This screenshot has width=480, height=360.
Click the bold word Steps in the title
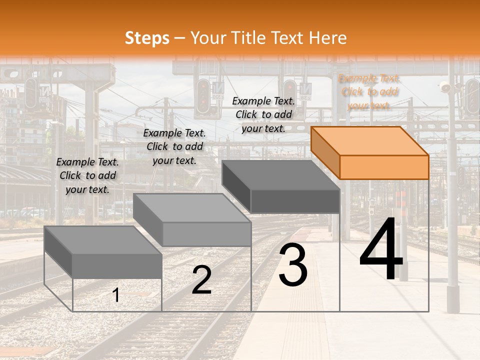pos(147,38)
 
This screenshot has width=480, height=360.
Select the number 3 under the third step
pos(292,266)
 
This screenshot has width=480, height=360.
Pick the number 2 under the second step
pos(201,280)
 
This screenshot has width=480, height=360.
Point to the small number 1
pos(116,295)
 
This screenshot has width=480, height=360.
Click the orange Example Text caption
pos(369,92)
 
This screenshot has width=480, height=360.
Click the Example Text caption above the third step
pos(263,114)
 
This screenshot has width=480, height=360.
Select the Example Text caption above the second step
pos(174,146)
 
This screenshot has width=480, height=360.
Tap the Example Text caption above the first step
pos(87,175)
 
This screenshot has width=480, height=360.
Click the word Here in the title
pos(328,38)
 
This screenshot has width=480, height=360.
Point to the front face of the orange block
pos(384,167)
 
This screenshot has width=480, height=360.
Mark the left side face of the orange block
pos(325,153)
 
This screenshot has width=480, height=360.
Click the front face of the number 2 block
pos(207,234)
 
